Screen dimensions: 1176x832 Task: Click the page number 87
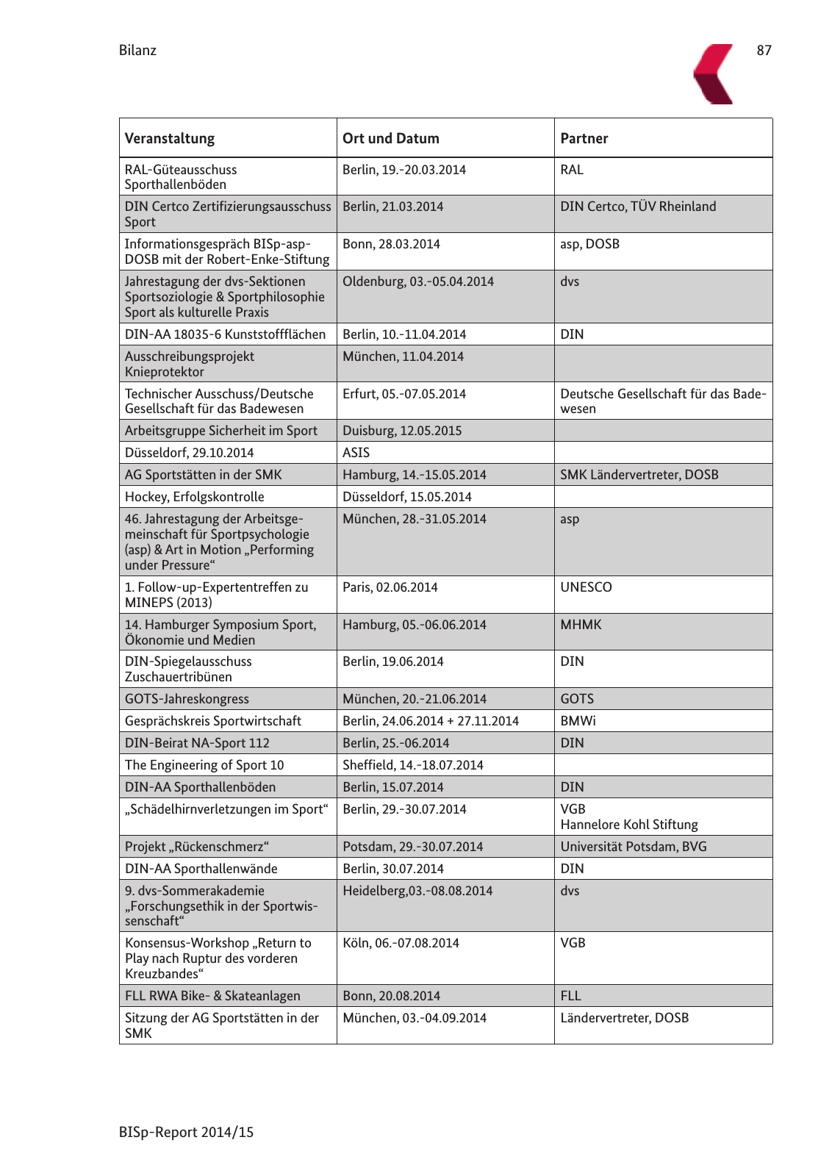click(x=764, y=50)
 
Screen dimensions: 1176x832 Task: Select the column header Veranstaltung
click(x=170, y=138)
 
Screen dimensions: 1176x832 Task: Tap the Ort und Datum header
click(x=390, y=138)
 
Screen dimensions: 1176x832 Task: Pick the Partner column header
click(x=584, y=138)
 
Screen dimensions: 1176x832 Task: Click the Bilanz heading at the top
click(x=137, y=50)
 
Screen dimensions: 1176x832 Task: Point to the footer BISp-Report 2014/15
click(x=186, y=1132)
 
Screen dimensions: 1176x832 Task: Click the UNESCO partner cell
click(x=586, y=587)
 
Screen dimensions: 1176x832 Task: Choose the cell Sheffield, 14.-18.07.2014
click(x=412, y=765)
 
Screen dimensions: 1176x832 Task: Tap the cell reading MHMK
click(x=581, y=625)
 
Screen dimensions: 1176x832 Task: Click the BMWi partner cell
click(x=578, y=721)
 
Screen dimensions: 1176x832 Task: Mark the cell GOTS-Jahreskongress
click(x=187, y=699)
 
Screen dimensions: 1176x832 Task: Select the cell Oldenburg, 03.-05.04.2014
click(x=417, y=282)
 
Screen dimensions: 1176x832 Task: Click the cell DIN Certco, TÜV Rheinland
click(x=637, y=207)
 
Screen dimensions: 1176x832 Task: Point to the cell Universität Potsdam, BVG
click(x=633, y=847)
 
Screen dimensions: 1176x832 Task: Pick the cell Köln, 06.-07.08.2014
click(x=401, y=943)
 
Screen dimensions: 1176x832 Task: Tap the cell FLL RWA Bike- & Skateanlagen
click(x=212, y=996)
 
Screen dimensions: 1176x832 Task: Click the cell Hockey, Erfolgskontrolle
click(x=194, y=497)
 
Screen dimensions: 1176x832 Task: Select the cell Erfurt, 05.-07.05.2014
click(x=404, y=394)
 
